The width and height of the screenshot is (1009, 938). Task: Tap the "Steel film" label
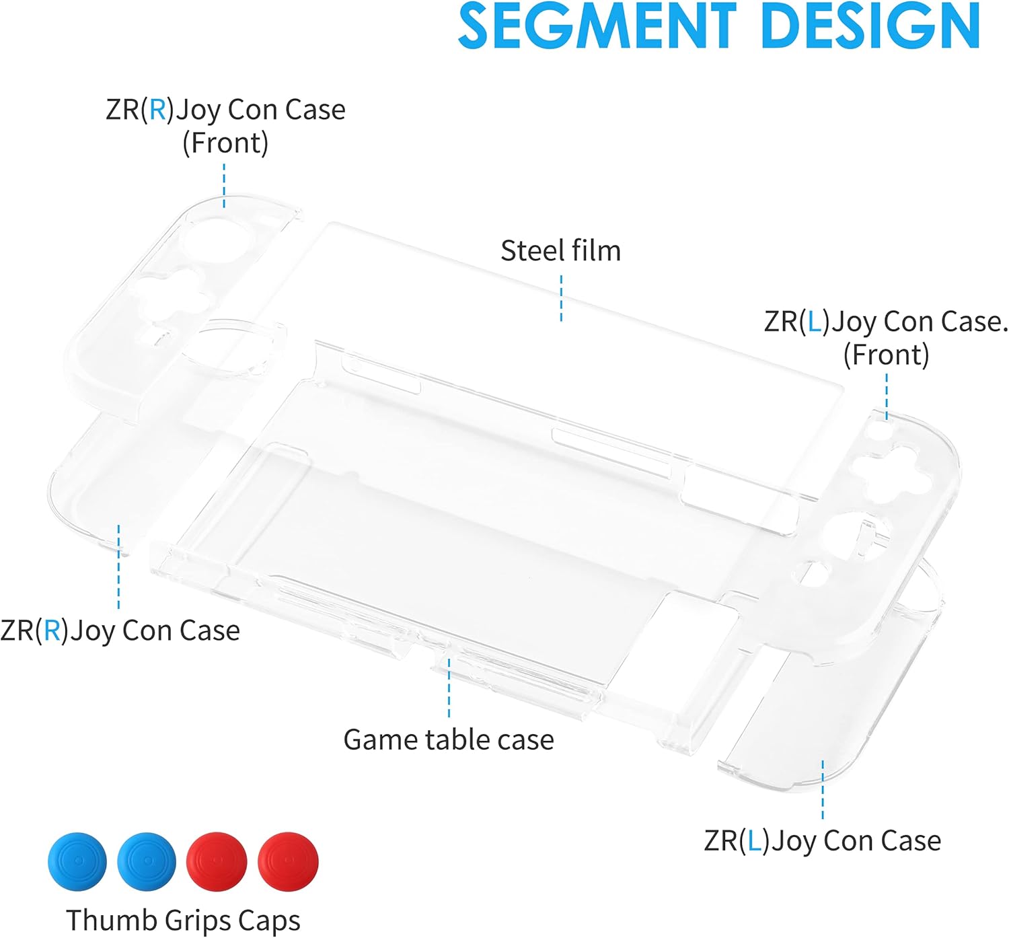coord(560,251)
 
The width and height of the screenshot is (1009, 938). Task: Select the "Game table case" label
coord(449,739)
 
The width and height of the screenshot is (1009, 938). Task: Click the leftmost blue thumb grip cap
coord(77,861)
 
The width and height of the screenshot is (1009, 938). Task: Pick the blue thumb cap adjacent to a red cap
coord(147,861)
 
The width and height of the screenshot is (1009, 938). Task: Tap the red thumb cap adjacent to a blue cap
coord(217,861)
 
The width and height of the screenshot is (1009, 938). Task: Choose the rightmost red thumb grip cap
coord(288,861)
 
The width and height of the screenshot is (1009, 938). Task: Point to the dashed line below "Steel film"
coord(561,298)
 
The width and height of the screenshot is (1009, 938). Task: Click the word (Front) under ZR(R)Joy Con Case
coord(225,143)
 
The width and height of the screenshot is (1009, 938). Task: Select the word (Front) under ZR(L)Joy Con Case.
coord(886,355)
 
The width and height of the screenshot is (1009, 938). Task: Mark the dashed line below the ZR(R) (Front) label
coord(224,185)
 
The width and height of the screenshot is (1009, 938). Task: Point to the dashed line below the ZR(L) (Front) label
coord(887,397)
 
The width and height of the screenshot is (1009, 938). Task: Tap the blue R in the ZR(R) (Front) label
coord(157,110)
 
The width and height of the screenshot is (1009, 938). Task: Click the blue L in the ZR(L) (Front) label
coord(815,322)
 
